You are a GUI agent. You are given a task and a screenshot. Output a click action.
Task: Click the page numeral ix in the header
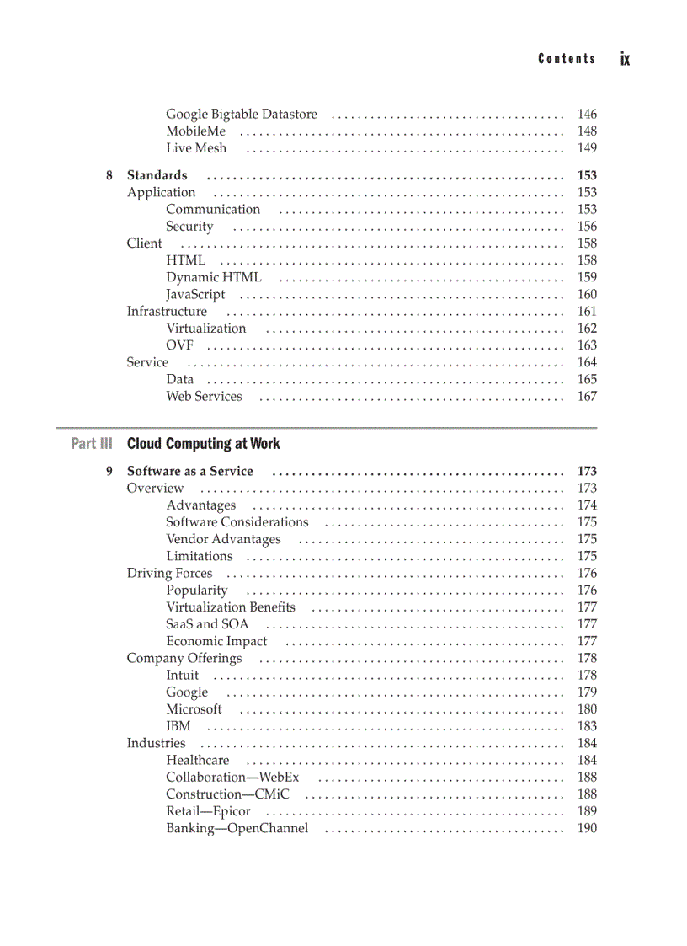[625, 59]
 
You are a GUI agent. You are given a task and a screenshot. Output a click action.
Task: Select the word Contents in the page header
[567, 59]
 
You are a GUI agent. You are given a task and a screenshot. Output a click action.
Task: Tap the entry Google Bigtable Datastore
[242, 115]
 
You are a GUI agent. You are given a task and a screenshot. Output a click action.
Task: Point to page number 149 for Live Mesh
[587, 148]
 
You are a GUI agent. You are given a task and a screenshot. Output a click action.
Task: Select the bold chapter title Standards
[157, 175]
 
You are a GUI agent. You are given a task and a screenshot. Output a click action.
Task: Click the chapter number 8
[109, 175]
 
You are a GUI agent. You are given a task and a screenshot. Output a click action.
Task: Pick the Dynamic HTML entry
[213, 277]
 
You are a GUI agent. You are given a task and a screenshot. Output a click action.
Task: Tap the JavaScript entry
[195, 294]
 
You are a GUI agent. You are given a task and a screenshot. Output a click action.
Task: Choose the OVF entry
[179, 345]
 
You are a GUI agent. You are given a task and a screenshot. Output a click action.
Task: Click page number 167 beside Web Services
[587, 397]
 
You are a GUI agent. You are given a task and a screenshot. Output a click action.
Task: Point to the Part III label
[92, 444]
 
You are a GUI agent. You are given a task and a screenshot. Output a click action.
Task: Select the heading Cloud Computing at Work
[204, 444]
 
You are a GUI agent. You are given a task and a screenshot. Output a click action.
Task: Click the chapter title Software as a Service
[189, 471]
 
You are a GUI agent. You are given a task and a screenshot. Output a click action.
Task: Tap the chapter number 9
[109, 471]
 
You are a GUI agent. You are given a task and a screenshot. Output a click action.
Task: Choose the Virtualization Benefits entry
[231, 607]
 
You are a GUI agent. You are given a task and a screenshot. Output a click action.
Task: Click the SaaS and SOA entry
[207, 624]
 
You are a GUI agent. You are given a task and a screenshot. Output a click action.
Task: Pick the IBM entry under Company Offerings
[178, 726]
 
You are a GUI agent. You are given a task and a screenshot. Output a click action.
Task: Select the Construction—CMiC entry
[227, 794]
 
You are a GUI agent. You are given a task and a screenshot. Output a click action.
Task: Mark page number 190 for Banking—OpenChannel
[587, 828]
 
